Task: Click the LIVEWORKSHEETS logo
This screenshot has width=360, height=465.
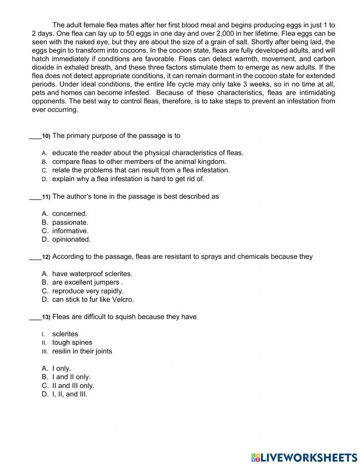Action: pyautogui.click(x=304, y=457)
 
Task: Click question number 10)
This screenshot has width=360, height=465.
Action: pyautogui.click(x=46, y=136)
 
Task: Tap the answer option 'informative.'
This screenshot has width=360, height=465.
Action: pyautogui.click(x=70, y=231)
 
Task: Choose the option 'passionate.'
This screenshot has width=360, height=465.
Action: pyautogui.click(x=70, y=222)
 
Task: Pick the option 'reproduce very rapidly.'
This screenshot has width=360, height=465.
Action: pyautogui.click(x=88, y=291)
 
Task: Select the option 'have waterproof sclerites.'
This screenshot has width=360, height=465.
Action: pyautogui.click(x=92, y=274)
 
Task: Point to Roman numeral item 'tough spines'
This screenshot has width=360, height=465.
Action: pyautogui.click(x=72, y=343)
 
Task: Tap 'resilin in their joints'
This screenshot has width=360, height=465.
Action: pyautogui.click(x=82, y=351)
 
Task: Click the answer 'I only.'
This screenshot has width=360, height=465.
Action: pyautogui.click(x=62, y=368)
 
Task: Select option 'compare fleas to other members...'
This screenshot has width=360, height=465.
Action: pyautogui.click(x=139, y=162)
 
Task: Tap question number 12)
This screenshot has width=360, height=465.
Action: pyautogui.click(x=46, y=257)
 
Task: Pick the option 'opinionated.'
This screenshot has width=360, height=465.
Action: pyautogui.click(x=71, y=240)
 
